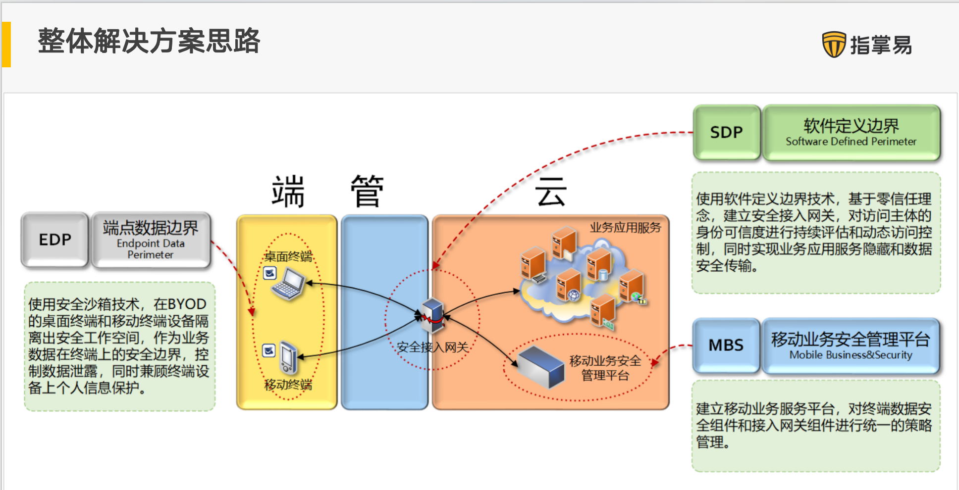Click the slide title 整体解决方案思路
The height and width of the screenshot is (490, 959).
click(149, 41)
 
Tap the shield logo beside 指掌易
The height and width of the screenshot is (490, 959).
click(834, 45)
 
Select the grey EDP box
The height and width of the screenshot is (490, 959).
click(55, 240)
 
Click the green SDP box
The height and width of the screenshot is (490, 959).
click(726, 132)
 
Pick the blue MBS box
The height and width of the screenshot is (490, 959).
click(726, 345)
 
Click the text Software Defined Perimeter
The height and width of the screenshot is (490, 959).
click(851, 142)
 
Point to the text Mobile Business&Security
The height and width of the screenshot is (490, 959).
click(851, 355)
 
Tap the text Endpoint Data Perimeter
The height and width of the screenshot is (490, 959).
click(151, 249)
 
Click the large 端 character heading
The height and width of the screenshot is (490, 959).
click(288, 192)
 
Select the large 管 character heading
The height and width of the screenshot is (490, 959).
click(367, 192)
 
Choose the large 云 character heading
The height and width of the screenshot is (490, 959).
click(550, 192)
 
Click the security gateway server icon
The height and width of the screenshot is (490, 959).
click(432, 315)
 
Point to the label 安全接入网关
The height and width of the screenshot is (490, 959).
click(432, 347)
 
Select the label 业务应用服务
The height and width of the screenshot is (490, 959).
click(625, 228)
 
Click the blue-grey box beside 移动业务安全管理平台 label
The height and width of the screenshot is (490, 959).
click(540, 367)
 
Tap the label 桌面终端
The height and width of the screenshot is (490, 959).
click(288, 256)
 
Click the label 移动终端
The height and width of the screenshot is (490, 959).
click(288, 385)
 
